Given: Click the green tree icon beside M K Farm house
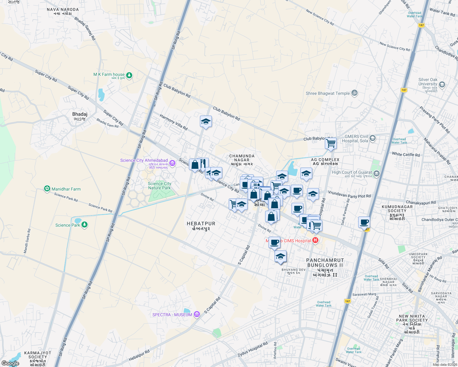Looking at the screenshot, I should click(129, 75).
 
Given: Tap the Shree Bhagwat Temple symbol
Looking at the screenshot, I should click(355, 93).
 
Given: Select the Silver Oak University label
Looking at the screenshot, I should click(428, 82).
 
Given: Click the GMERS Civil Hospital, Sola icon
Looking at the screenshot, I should click(373, 138).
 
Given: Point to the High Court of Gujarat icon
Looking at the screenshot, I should click(377, 174).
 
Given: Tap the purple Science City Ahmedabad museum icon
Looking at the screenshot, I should click(172, 163).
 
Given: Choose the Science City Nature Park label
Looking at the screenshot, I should click(160, 186).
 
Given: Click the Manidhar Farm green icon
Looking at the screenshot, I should click(47, 189).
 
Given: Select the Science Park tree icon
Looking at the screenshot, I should click(84, 225).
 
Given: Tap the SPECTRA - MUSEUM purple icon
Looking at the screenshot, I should click(197, 315).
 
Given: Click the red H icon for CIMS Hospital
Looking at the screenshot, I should click(315, 241).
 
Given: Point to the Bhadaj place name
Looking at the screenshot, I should click(80, 114).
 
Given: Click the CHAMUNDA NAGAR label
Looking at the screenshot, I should click(242, 158).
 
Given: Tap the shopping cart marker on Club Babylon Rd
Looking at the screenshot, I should click(331, 143).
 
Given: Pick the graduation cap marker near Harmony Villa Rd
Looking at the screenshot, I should click(206, 122).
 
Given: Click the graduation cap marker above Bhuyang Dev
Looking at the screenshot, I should click(280, 257).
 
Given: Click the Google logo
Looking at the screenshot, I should click(10, 363).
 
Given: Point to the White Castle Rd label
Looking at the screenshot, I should click(406, 154).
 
